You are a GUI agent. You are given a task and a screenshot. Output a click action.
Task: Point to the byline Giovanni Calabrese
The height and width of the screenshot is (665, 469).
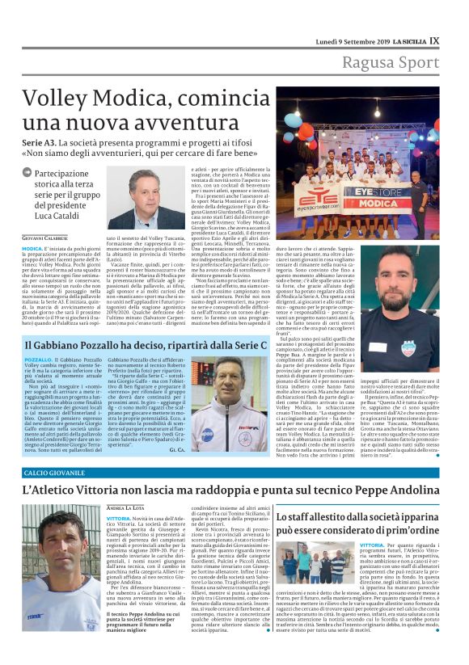pos(44,237)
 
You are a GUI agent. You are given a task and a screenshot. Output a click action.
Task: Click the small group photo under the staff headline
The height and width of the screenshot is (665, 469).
pos(317,563)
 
